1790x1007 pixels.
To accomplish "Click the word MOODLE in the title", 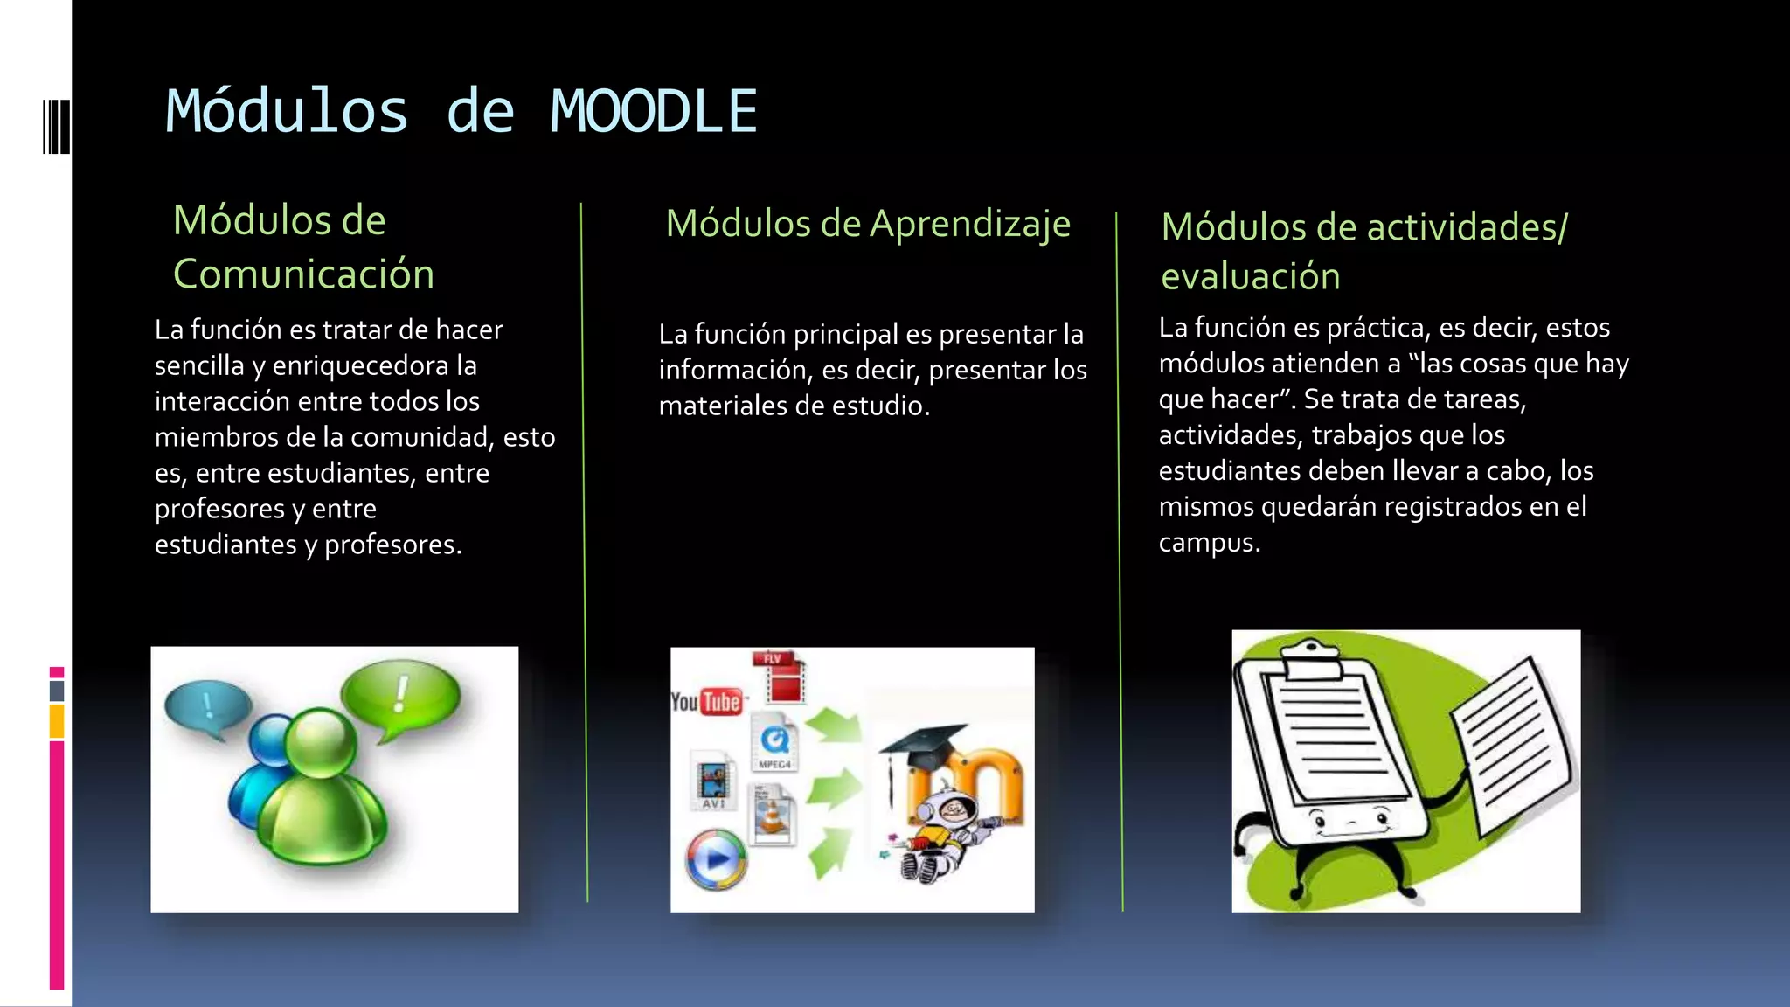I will [x=653, y=112].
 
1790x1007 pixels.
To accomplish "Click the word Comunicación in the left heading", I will [x=303, y=274].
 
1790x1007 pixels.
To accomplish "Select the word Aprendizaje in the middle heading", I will [x=970, y=225].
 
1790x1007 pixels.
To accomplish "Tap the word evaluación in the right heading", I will [x=1250, y=277].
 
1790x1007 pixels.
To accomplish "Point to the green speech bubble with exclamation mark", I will [x=400, y=696].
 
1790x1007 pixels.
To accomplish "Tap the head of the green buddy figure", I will [x=321, y=741].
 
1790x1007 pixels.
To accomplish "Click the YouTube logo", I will [x=706, y=701].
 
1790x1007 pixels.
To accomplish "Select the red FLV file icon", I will [x=783, y=677].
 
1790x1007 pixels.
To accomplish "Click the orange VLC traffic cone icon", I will [x=773, y=816].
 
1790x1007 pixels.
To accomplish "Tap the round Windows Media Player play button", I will [x=717, y=859].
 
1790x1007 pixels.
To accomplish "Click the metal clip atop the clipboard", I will [x=1311, y=657].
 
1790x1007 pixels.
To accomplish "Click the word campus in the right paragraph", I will [x=1208, y=543].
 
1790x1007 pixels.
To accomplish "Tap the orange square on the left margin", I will [x=57, y=722].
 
